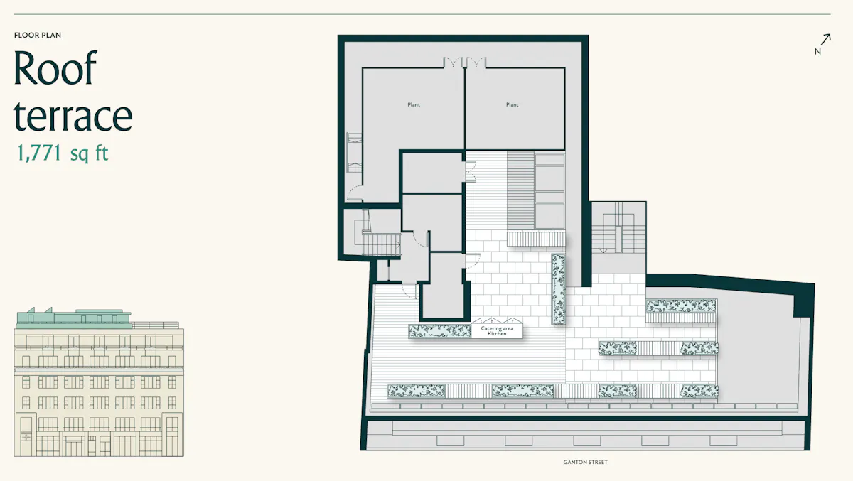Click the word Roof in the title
coord(55,67)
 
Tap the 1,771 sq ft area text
coord(63,153)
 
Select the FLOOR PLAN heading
coord(38,35)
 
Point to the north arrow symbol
coord(825,40)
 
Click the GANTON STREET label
coord(585,462)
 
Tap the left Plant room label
coord(414,104)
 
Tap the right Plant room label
coord(513,104)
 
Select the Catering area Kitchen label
coord(497,330)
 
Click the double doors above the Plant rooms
coord(465,63)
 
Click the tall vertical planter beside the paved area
coord(558,289)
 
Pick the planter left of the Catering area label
coord(439,331)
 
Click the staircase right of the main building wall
coord(618,233)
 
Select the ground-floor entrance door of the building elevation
coord(26,437)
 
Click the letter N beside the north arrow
coord(817,51)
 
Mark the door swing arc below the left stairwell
coord(409,291)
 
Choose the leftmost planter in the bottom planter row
coord(417,391)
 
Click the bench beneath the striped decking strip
coord(536,239)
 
